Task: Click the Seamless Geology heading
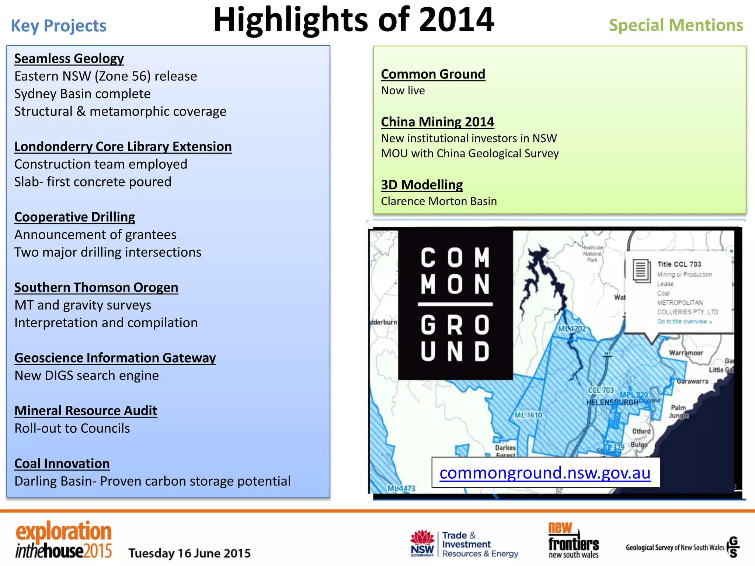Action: coord(69,59)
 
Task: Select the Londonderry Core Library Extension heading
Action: coord(123,147)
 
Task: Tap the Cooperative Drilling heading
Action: coord(74,217)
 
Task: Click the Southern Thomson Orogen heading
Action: coord(96,287)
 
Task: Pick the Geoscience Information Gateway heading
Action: coord(115,358)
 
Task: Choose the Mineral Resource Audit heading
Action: coord(86,410)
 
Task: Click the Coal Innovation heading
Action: coord(62,464)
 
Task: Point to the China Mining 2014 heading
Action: coord(437,122)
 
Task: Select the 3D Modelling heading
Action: coord(422,185)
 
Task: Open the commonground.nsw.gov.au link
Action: coord(545,473)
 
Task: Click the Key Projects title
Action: coord(58,26)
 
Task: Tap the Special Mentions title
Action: coord(676,25)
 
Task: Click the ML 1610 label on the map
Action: coord(528,415)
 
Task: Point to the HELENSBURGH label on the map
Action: coord(612,402)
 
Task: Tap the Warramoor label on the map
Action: coord(686,353)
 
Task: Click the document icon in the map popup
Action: coord(641,271)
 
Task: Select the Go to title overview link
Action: coord(684,321)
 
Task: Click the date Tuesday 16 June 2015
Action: coord(189,553)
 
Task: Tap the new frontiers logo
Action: coord(573,541)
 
